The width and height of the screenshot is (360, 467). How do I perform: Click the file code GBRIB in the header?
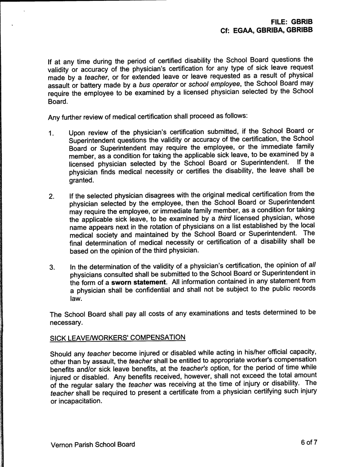coord(303,21)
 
